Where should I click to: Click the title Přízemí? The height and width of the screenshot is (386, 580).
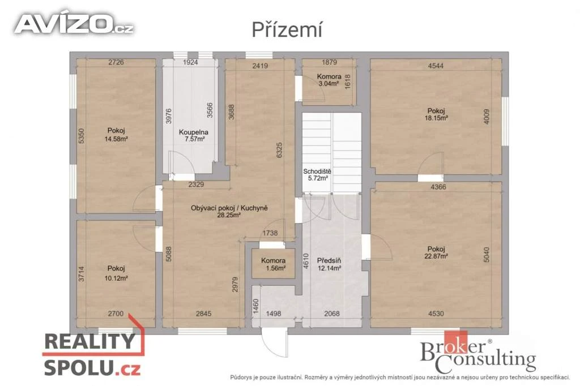click(287, 29)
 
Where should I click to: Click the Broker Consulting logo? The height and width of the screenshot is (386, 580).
click(478, 353)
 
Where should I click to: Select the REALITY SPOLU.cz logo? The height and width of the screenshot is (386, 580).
click(92, 353)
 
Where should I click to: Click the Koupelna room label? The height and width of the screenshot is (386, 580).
click(194, 132)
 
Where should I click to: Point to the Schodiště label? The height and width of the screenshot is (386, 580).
click(317, 171)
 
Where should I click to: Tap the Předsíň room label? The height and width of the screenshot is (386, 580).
click(329, 261)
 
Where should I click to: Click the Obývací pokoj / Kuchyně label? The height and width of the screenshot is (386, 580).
click(229, 208)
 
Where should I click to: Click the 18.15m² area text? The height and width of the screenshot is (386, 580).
click(436, 118)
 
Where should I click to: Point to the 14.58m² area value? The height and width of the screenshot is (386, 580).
click(116, 139)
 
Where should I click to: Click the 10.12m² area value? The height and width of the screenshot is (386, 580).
click(116, 278)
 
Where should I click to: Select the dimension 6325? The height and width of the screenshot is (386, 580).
click(279, 150)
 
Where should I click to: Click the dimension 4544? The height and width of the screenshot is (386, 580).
click(436, 66)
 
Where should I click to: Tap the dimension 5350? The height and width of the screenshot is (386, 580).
click(82, 136)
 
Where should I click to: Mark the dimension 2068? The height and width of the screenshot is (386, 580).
click(332, 314)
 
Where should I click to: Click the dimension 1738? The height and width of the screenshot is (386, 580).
click(270, 233)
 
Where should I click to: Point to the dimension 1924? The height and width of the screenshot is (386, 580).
click(190, 62)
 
